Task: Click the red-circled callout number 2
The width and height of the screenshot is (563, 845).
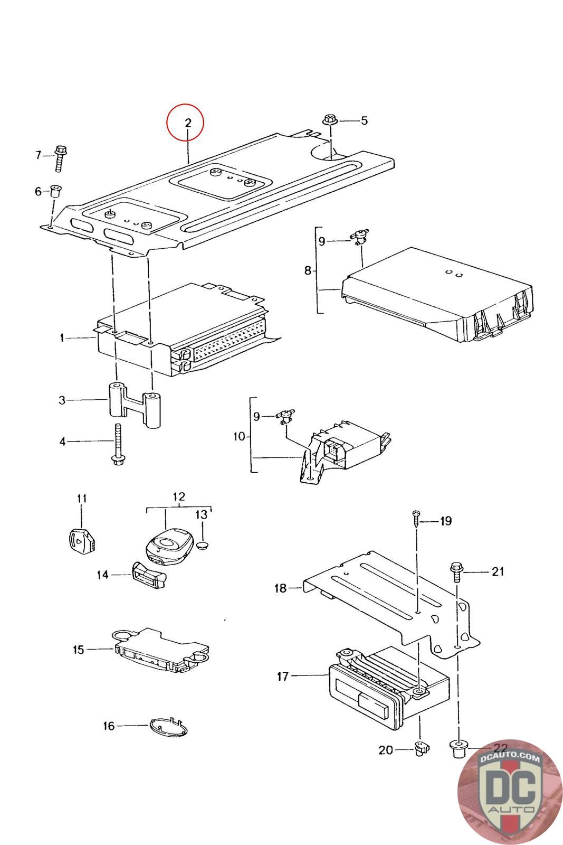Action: click(188, 123)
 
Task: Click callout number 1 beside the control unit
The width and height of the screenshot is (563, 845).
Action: click(62, 337)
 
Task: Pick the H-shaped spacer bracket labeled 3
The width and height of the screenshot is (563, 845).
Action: click(135, 406)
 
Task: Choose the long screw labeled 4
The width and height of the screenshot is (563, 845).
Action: click(118, 444)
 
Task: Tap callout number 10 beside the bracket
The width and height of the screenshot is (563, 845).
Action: click(239, 436)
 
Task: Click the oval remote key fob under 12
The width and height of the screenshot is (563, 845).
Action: click(169, 546)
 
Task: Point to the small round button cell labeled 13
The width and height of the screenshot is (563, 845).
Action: click(204, 544)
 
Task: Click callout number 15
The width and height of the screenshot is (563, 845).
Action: click(79, 650)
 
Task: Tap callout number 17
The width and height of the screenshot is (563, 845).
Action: click(283, 677)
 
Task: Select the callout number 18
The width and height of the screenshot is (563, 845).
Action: click(280, 588)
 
